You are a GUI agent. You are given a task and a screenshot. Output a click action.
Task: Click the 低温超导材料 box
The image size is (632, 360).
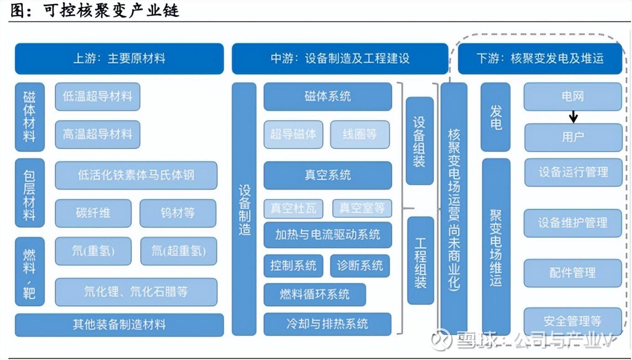[x=97, y=96]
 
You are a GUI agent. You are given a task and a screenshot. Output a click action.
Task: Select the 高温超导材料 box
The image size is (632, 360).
[x=97, y=134]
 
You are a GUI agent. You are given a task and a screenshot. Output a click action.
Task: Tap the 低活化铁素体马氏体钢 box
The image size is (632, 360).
[x=136, y=175]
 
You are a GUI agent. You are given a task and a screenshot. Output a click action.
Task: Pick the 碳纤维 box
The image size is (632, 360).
[x=93, y=213]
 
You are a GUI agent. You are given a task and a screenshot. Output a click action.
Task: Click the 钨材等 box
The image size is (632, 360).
[x=178, y=213]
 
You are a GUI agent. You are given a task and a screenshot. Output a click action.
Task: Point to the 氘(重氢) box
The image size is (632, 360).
[x=93, y=251]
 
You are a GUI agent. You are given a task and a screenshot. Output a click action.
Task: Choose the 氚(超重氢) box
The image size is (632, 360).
[x=179, y=251]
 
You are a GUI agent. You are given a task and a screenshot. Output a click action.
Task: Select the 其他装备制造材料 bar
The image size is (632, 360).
[x=119, y=325]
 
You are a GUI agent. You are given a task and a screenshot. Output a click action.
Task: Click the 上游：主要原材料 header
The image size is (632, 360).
[x=119, y=58]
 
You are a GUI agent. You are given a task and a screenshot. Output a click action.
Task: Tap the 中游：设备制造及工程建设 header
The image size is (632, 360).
[x=340, y=58]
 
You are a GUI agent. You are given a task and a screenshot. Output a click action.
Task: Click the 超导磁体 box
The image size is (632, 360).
[x=293, y=134]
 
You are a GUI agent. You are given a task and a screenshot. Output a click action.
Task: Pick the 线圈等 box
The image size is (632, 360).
[x=360, y=134]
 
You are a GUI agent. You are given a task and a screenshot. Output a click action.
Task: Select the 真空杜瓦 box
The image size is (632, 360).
[x=293, y=209]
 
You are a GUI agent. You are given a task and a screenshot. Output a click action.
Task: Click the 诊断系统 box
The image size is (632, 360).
[x=360, y=266]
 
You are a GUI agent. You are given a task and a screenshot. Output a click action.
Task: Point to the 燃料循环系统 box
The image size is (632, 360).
[x=315, y=295]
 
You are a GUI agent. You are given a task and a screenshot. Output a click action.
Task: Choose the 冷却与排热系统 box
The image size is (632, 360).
[x=327, y=324]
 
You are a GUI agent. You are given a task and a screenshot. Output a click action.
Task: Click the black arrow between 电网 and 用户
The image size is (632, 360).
[x=574, y=117]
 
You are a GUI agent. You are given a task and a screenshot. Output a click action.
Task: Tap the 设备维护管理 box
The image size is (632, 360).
[x=573, y=223]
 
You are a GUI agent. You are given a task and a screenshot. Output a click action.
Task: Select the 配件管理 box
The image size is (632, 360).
[x=573, y=273]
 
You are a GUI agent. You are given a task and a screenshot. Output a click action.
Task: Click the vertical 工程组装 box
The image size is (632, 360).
[x=420, y=260]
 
